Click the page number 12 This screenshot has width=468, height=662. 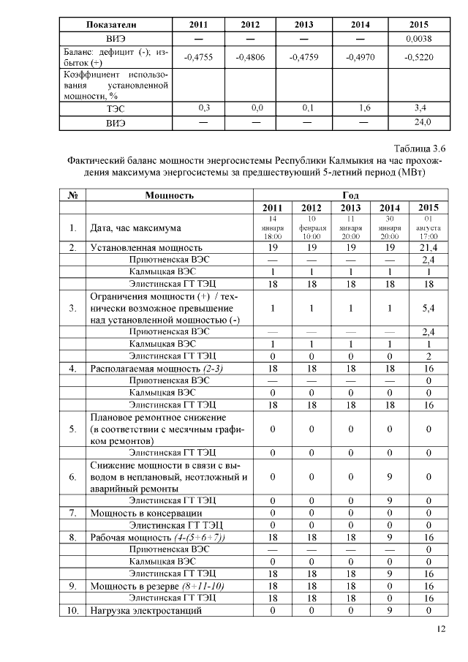tap(439, 628)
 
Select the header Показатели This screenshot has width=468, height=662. tap(107, 24)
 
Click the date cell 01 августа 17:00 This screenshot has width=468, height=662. tap(429, 227)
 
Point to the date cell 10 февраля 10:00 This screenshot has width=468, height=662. tap(311, 227)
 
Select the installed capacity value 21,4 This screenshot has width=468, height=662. tap(429, 249)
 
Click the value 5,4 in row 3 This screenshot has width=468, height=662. tap(429, 308)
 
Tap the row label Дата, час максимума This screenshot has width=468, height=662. tap(135, 228)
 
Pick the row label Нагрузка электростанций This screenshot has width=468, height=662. tap(146, 611)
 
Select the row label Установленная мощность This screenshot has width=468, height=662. tap(146, 249)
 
